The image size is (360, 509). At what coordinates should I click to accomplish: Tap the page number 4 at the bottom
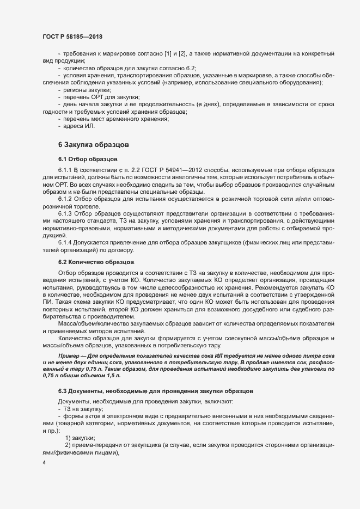(44, 463)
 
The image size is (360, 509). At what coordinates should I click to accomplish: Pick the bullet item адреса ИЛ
(80, 126)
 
